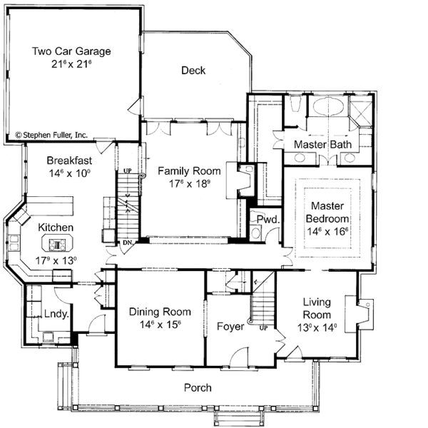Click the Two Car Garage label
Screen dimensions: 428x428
pyautogui.click(x=71, y=51)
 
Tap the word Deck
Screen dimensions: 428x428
pyautogui.click(x=193, y=70)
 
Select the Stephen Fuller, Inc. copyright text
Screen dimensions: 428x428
pyautogui.click(x=51, y=133)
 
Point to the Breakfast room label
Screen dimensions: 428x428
pyautogui.click(x=69, y=160)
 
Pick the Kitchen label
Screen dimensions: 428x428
pyautogui.click(x=56, y=227)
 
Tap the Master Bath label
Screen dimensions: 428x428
pyautogui.click(x=320, y=145)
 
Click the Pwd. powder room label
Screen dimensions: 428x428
pyautogui.click(x=267, y=220)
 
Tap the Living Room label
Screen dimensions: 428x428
pyautogui.click(x=316, y=308)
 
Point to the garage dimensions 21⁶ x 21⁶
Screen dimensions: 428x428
pyautogui.click(x=71, y=64)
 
